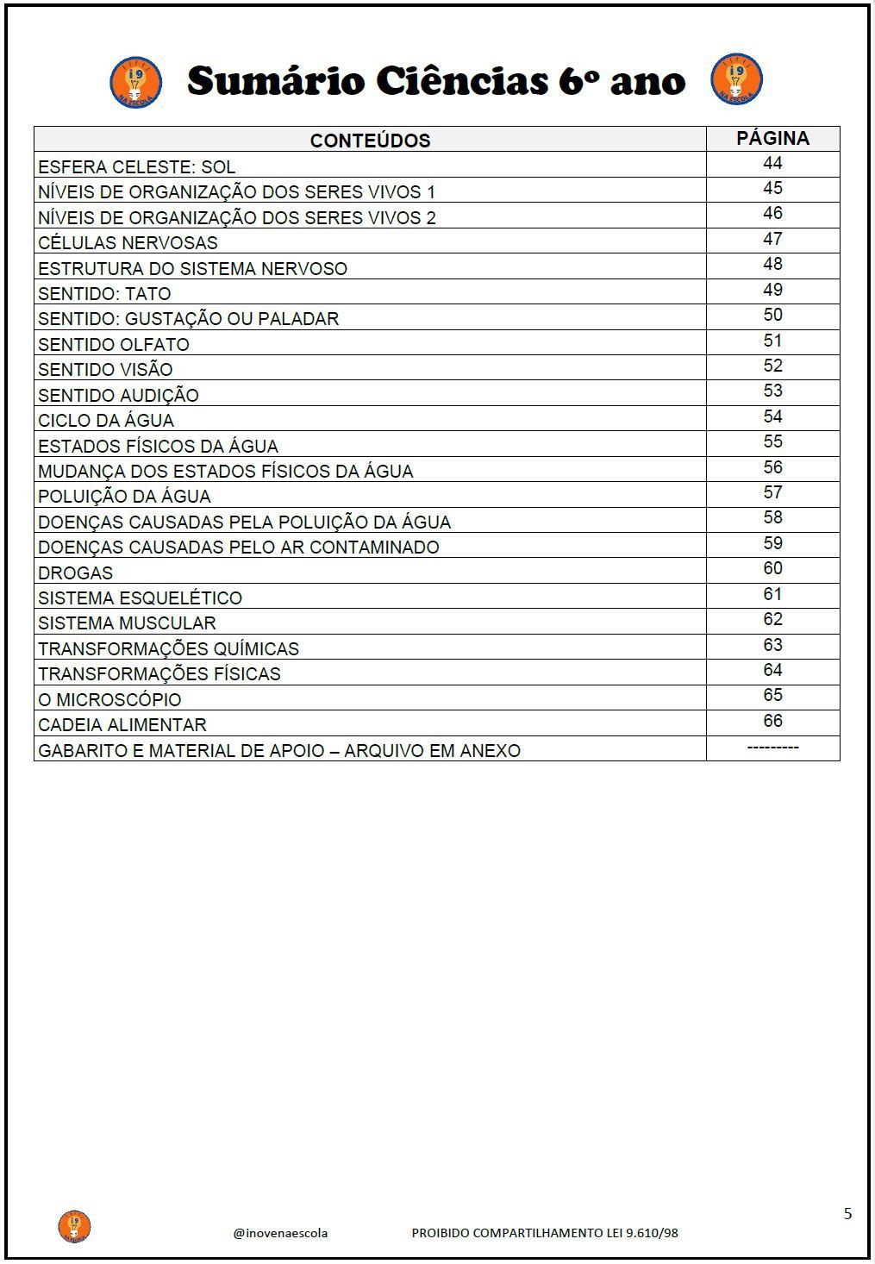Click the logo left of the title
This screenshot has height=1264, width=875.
[135, 82]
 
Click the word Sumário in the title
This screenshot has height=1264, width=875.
[276, 82]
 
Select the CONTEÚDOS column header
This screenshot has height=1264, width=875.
[370, 141]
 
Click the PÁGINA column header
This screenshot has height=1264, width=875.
[772, 138]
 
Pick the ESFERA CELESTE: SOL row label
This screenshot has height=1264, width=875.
[136, 166]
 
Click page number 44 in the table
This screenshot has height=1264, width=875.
[772, 164]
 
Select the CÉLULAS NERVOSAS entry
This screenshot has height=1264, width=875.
[128, 242]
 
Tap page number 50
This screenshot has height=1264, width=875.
[772, 316]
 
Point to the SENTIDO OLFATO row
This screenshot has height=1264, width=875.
[114, 344]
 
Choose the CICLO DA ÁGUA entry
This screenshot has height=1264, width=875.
[106, 420]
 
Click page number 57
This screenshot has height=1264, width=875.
[772, 492]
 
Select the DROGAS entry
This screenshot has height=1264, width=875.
[76, 573]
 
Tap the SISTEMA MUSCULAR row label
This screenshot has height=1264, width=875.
[127, 623]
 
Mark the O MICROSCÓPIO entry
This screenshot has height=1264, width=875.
[109, 699]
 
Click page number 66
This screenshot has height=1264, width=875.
[772, 721]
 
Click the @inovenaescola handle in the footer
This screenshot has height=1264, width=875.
[280, 1233]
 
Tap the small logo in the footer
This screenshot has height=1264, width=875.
[74, 1226]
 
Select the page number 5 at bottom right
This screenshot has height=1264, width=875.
[847, 1214]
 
